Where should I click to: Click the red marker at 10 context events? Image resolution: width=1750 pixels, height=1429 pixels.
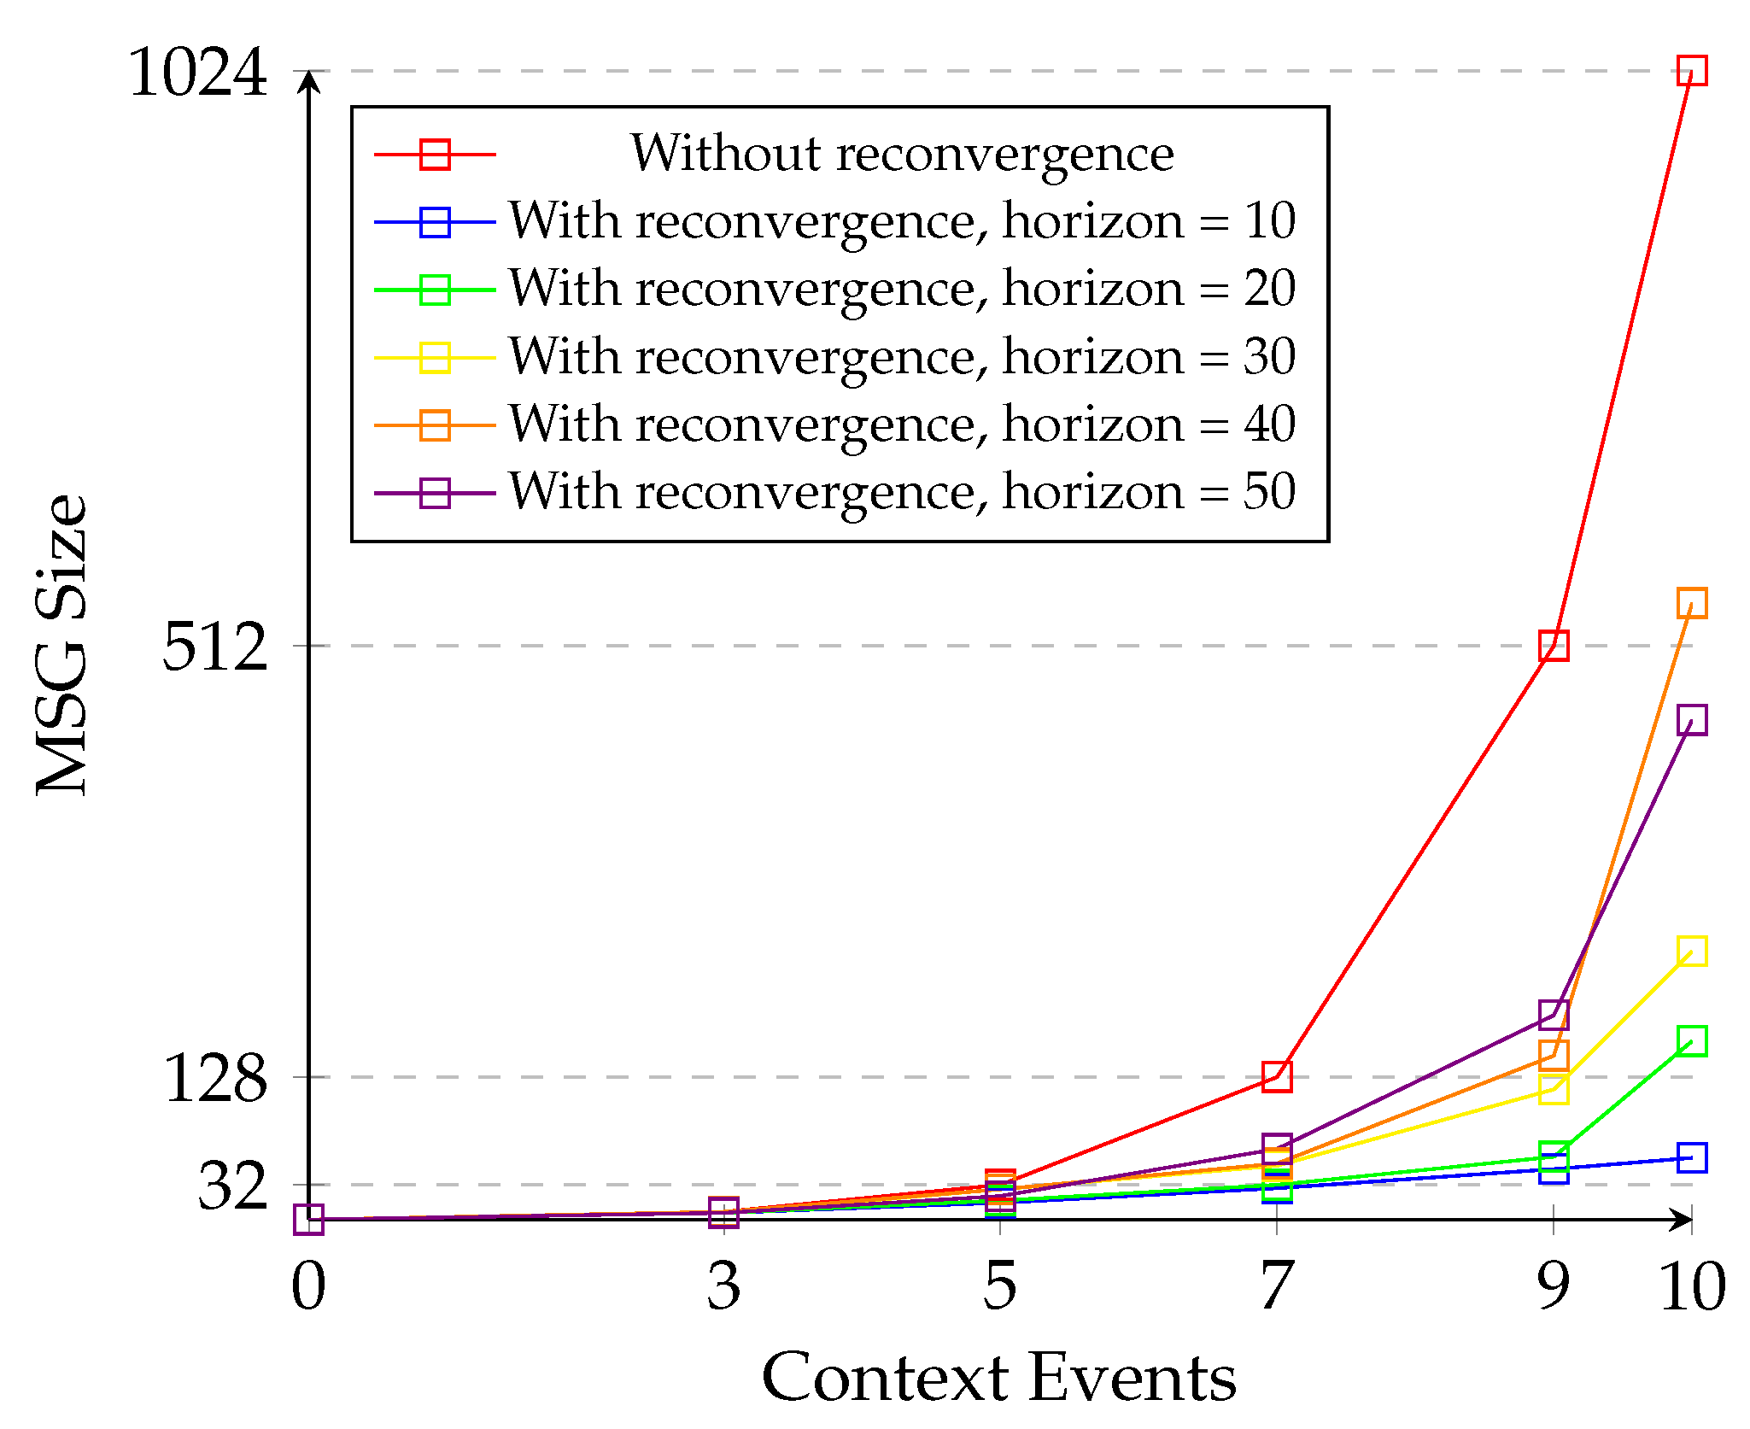[x=1691, y=70]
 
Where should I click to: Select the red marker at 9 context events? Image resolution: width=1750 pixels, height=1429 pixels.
[x=1553, y=646]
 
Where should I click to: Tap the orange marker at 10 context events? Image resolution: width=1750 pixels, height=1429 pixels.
[x=1691, y=603]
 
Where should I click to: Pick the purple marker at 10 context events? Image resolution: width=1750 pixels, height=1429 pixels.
[x=1691, y=720]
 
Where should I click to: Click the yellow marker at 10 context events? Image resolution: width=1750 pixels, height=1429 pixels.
[x=1691, y=951]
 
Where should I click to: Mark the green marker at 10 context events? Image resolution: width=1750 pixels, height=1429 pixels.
[x=1691, y=1041]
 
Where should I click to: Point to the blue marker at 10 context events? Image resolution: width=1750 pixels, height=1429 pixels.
[x=1691, y=1157]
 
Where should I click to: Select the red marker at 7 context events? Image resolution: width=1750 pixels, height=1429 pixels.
[x=1276, y=1076]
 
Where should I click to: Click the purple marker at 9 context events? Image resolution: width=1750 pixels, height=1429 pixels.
[x=1553, y=1015]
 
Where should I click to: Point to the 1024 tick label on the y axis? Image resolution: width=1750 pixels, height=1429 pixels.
[x=197, y=73]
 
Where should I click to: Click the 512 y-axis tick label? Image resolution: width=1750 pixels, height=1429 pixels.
[x=214, y=647]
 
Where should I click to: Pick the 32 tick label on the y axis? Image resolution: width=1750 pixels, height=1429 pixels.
[x=232, y=1186]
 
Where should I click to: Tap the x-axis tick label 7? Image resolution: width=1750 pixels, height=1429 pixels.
[x=1276, y=1286]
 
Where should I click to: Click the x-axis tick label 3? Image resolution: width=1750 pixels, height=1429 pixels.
[x=723, y=1286]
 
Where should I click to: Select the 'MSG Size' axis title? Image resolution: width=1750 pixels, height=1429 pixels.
[x=61, y=646]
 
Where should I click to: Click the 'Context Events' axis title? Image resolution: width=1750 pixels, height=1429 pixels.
[x=999, y=1377]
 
